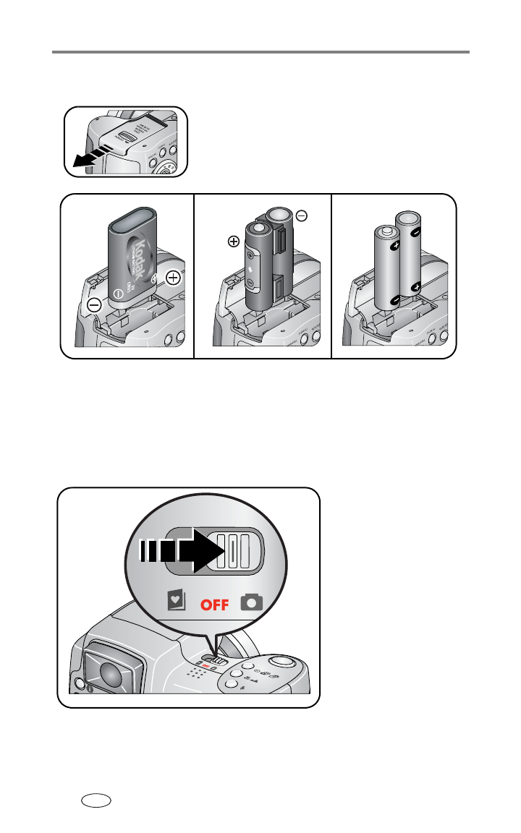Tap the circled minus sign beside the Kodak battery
95,305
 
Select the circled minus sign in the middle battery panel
301,215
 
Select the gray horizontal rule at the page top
260,52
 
